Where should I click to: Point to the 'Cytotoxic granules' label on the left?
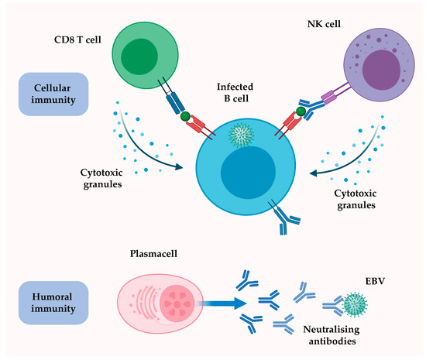[101, 177]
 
